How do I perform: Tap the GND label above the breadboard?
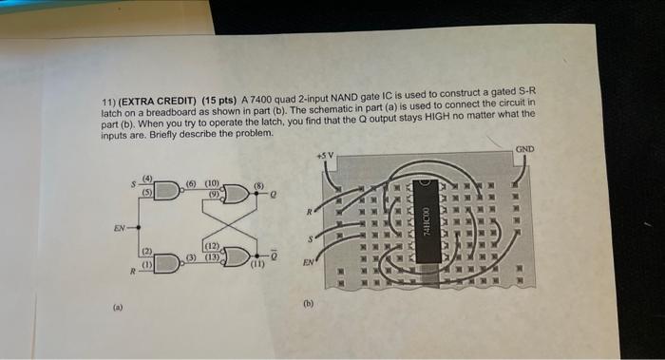click(x=524, y=150)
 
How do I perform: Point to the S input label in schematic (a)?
click(x=134, y=182)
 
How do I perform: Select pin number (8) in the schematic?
click(x=258, y=187)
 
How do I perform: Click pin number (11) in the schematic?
click(x=256, y=268)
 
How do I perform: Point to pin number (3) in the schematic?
click(x=191, y=256)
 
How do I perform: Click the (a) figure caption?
click(x=117, y=309)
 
